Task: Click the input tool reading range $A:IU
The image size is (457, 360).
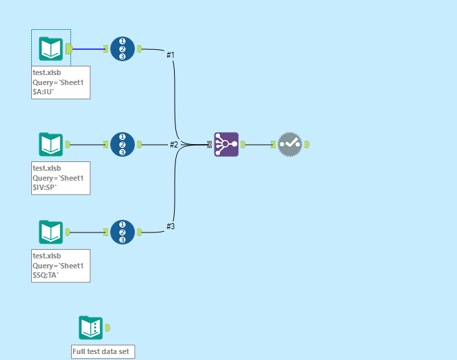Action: click(x=51, y=48)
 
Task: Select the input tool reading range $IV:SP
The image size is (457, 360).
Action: click(x=51, y=144)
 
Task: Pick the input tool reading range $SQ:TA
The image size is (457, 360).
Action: click(x=51, y=232)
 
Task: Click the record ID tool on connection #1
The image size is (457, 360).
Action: click(x=122, y=48)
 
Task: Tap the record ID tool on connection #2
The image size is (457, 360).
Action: click(x=122, y=144)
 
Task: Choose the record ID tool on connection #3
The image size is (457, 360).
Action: click(x=122, y=232)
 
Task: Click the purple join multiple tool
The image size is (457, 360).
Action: click(x=226, y=144)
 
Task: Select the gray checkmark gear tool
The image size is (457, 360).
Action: click(x=290, y=144)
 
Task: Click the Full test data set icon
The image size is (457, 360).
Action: click(x=91, y=327)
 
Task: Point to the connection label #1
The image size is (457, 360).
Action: click(x=171, y=54)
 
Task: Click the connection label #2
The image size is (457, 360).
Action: click(x=174, y=144)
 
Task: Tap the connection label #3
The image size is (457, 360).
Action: click(x=171, y=226)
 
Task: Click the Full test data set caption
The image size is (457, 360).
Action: click(x=103, y=351)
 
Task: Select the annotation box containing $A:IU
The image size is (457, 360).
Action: click(x=60, y=83)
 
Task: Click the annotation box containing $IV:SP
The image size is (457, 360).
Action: click(x=60, y=178)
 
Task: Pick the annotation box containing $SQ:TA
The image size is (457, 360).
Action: click(x=60, y=266)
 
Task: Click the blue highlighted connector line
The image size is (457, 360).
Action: click(x=88, y=48)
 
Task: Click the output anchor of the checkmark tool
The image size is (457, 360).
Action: click(x=307, y=144)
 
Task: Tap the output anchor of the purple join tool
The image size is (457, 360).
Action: click(x=242, y=144)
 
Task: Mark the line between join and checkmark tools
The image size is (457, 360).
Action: click(x=258, y=144)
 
